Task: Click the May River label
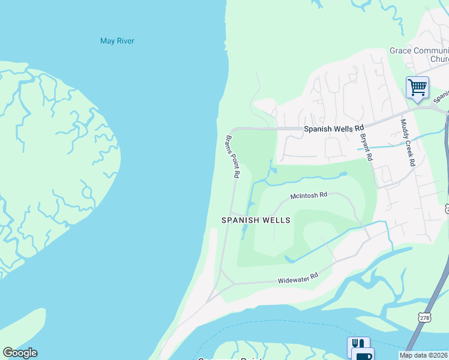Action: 117,41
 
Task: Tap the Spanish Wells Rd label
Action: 334,128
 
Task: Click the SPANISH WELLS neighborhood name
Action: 256,220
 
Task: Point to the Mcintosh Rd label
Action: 309,196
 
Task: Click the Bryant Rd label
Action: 367,147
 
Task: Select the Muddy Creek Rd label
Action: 408,143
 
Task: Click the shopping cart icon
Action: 417,87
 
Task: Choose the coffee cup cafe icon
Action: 363,355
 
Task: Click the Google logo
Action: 20,353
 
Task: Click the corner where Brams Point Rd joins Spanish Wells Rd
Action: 232,130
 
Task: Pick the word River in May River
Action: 125,41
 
